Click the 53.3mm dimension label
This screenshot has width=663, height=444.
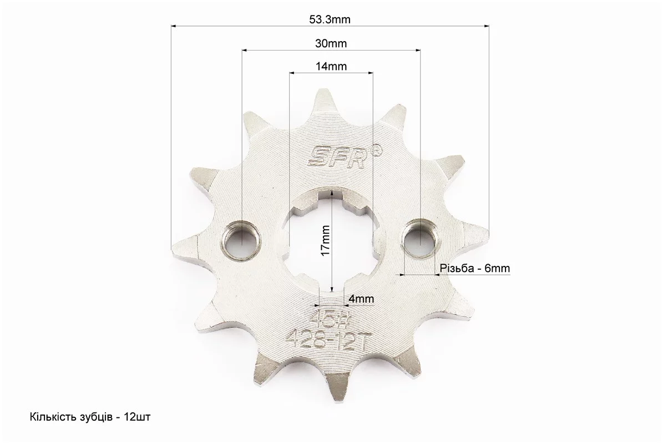(x=330, y=19)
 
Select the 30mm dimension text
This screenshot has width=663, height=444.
(x=331, y=43)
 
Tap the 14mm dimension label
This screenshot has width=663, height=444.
(x=331, y=67)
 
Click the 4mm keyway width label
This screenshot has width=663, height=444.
(x=361, y=299)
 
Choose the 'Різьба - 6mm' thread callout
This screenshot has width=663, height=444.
(x=475, y=268)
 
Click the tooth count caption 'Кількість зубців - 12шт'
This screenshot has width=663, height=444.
(x=90, y=417)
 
